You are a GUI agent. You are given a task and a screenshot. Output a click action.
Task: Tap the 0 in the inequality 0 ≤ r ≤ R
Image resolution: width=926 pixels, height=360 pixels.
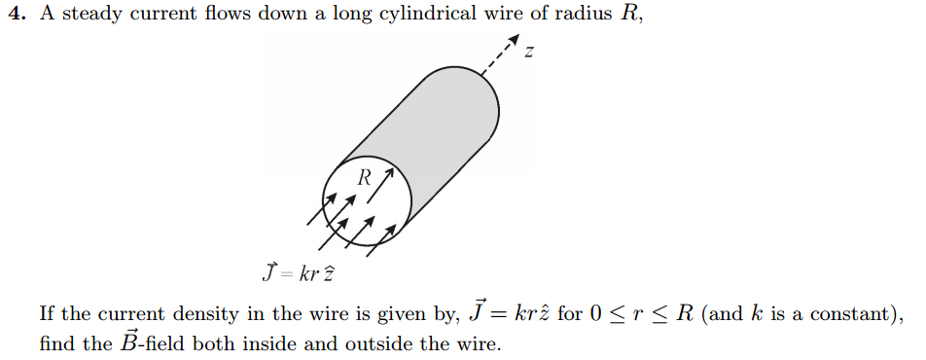pyautogui.click(x=595, y=314)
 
